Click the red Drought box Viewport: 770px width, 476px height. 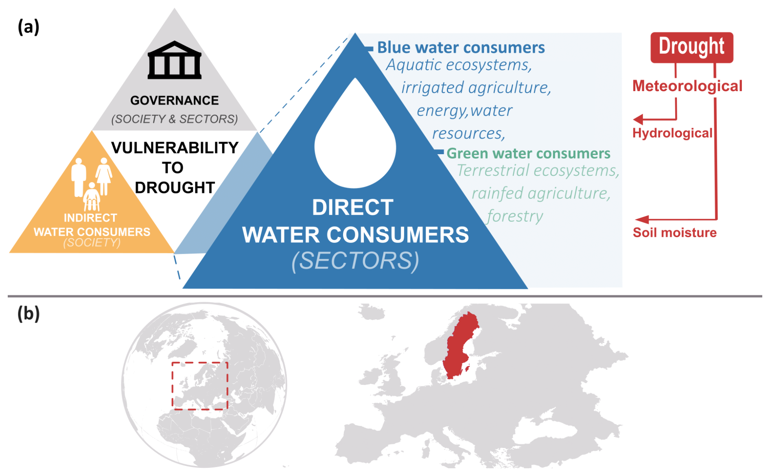pos(691,47)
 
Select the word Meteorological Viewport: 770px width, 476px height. pos(687,86)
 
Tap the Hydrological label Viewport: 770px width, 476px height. pos(672,133)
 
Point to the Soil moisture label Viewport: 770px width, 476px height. pos(674,232)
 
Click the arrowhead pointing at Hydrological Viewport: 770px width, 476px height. pos(638,119)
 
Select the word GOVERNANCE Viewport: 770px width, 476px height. pos(175,100)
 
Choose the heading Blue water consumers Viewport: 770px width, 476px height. pos(461,48)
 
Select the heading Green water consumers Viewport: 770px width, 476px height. pos(528,153)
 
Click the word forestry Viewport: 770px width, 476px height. pos(515,216)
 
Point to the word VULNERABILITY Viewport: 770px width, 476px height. pos(175,148)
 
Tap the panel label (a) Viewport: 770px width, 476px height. pos(28,27)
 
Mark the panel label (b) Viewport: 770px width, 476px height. pos(28,314)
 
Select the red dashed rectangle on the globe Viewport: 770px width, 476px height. pos(172,385)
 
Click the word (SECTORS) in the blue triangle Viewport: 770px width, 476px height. pos(355,261)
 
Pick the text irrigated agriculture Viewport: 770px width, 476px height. pos(476,87)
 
